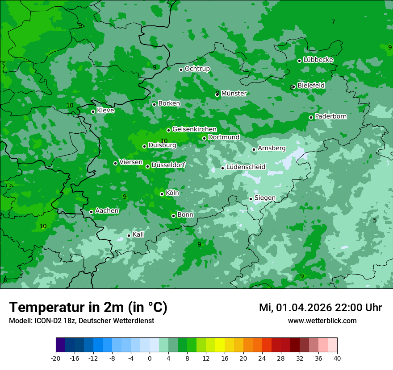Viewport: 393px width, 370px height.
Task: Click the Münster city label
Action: (234, 94)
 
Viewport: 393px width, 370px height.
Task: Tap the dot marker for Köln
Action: (162, 194)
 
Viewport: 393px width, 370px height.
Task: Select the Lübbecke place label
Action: (318, 60)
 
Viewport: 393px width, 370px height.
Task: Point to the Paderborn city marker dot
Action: (311, 117)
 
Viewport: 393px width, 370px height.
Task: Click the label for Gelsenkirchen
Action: (194, 129)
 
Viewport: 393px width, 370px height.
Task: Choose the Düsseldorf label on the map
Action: (168, 165)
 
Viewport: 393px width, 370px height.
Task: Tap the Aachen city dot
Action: (91, 212)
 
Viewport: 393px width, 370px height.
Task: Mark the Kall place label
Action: (138, 234)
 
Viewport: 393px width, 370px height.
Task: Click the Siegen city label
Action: (265, 198)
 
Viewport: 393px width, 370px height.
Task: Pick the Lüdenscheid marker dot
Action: (222, 168)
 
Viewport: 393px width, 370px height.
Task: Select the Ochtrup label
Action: (197, 69)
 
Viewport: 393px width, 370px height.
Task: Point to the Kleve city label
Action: (105, 111)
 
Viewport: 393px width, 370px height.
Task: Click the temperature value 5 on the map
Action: (375, 220)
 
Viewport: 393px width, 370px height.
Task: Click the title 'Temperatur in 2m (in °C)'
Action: (88, 308)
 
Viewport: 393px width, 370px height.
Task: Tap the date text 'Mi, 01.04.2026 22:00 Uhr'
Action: (320, 308)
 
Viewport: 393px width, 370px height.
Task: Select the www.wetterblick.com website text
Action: (322, 321)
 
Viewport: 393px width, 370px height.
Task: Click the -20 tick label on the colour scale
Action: (56, 358)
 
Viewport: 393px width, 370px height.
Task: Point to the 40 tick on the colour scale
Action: (337, 358)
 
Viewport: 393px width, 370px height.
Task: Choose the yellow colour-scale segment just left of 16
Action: (220, 345)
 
